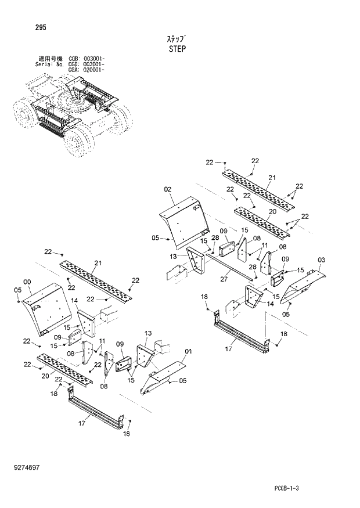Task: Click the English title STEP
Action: (x=177, y=49)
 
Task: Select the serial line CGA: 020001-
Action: (x=87, y=70)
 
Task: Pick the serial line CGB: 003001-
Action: (x=87, y=59)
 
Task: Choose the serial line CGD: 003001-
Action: (x=87, y=64)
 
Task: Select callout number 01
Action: (x=188, y=352)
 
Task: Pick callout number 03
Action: (x=322, y=259)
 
